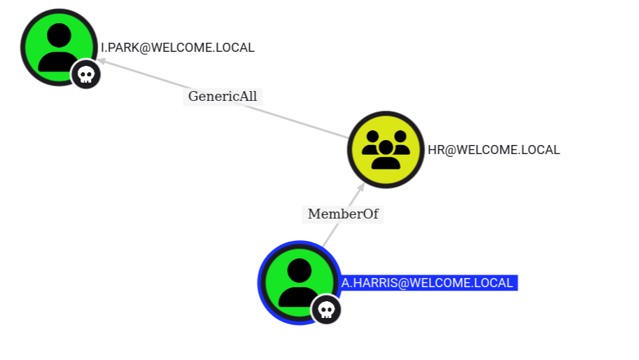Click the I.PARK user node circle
point(59,47)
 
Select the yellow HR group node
point(386,149)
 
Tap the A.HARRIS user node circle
point(299,282)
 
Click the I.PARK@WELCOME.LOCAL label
point(178,48)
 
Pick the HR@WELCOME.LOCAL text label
point(493,149)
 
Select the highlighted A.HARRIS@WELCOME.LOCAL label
point(428,283)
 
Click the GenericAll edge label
point(223,97)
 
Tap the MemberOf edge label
point(343,214)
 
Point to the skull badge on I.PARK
point(85,74)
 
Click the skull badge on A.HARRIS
point(326,310)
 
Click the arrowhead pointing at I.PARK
point(101,62)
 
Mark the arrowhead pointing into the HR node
point(361,188)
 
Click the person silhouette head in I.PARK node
point(59,35)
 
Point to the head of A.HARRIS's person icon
point(299,270)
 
